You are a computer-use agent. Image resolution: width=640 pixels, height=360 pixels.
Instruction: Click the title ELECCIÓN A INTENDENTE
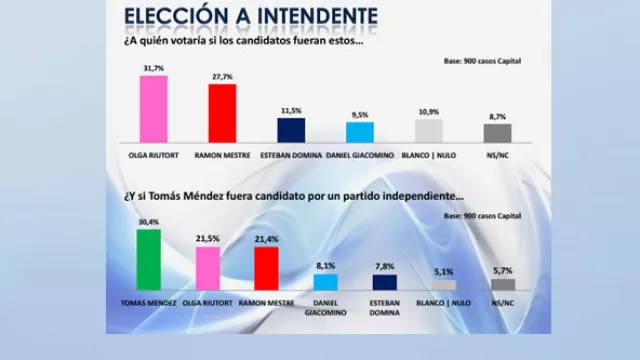pos(250,16)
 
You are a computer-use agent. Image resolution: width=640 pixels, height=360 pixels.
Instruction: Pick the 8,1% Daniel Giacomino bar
pos(326,282)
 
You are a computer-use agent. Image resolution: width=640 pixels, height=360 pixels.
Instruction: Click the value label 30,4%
pos(148,223)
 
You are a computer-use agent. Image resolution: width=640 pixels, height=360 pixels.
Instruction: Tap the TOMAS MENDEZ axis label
pos(148,300)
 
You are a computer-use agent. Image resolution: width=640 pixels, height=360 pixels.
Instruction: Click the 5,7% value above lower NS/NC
pos(502,270)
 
